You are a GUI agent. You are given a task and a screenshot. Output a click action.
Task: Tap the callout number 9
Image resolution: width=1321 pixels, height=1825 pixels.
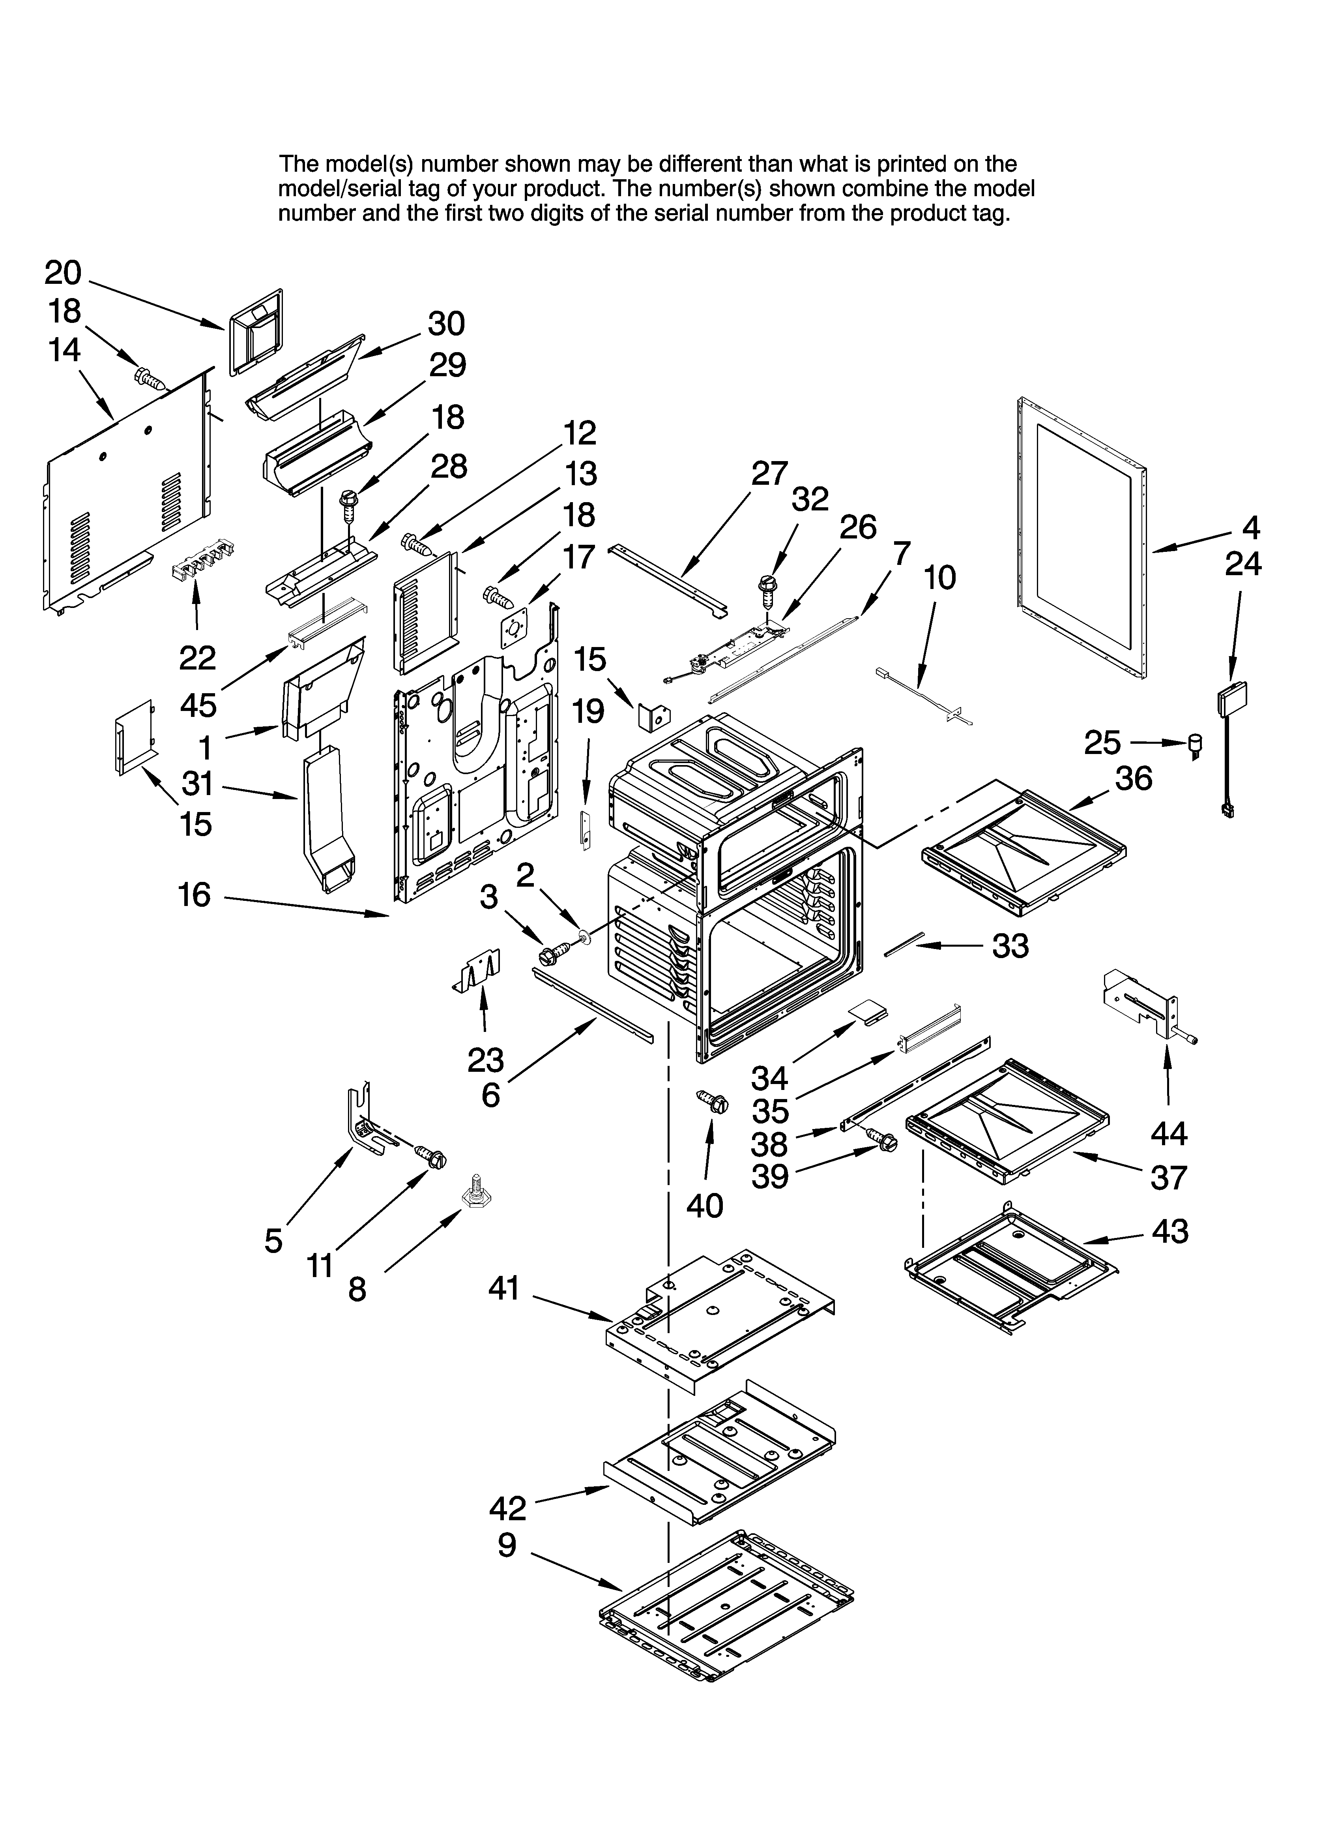(x=507, y=1545)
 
